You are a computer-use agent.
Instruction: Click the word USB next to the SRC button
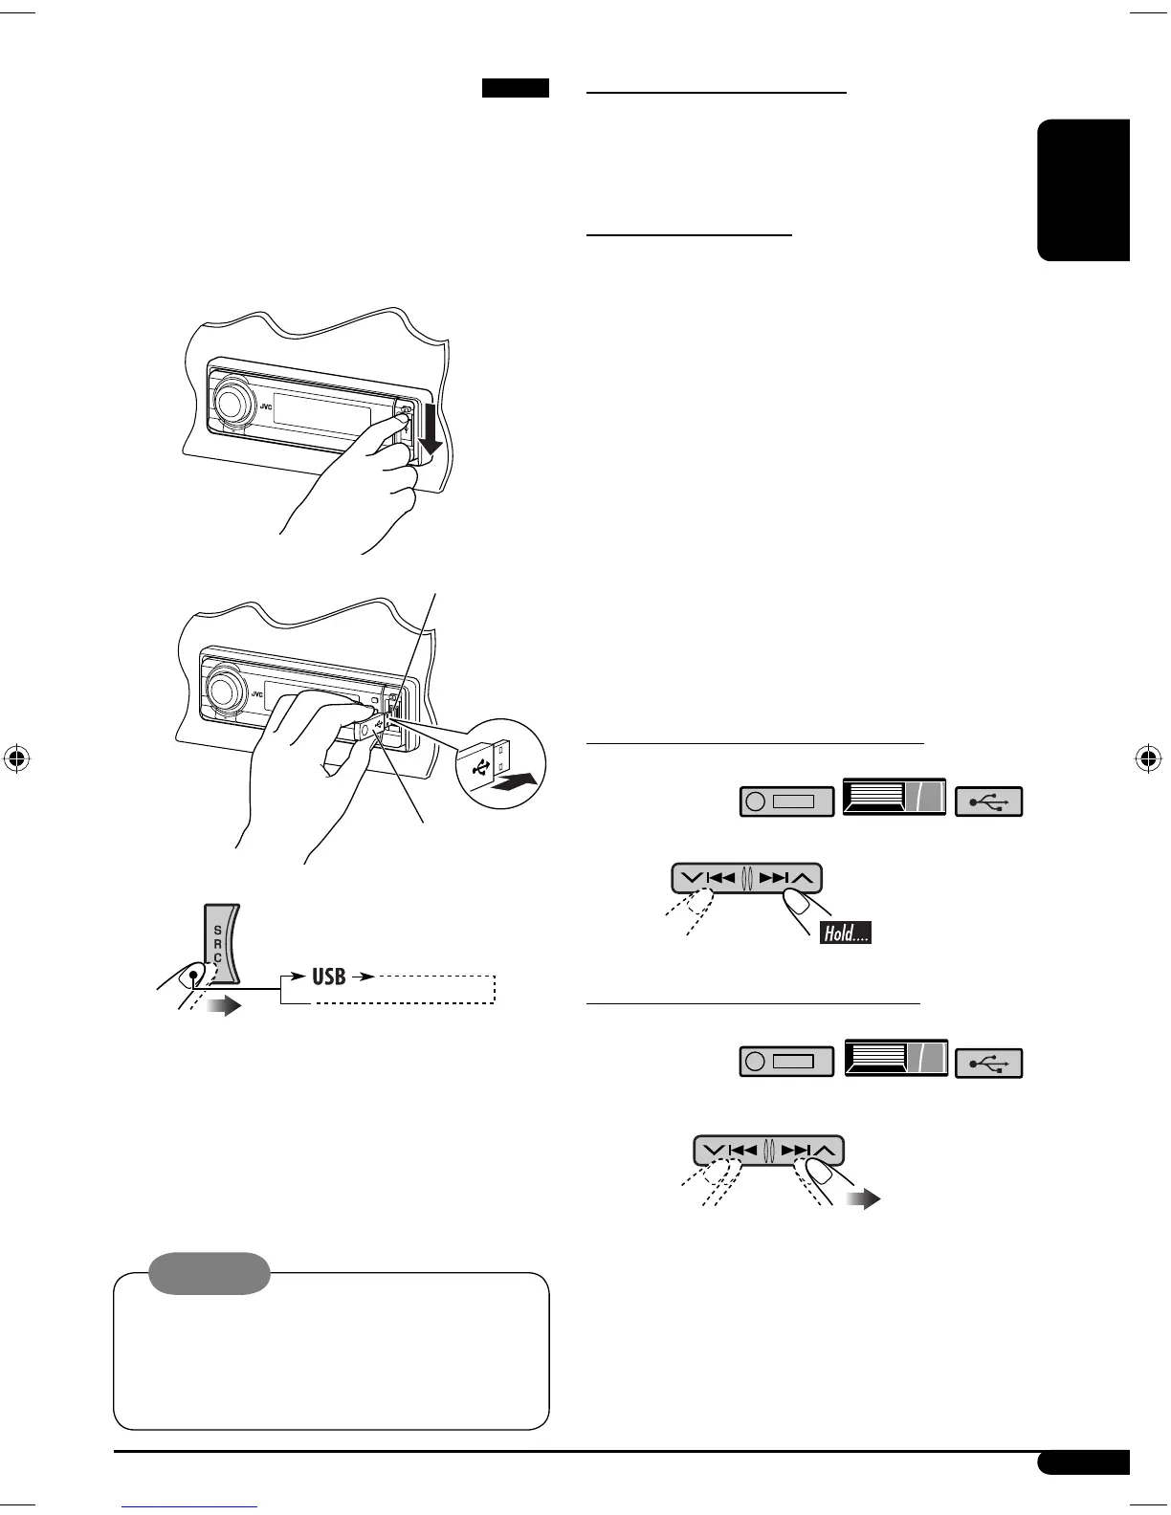[329, 977]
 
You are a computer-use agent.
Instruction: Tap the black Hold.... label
[845, 933]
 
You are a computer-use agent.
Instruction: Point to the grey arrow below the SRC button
[222, 1006]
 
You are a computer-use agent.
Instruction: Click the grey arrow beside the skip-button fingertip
[864, 1199]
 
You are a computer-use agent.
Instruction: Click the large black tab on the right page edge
[1084, 189]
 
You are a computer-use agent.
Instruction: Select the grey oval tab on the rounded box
[210, 1273]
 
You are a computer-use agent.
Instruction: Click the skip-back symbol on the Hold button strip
[719, 877]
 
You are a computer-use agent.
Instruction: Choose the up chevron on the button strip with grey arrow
[829, 1151]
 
